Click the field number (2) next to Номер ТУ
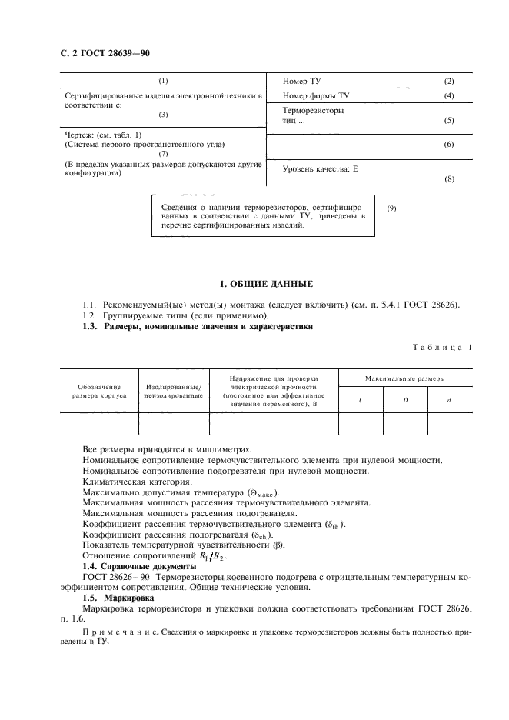point(450,82)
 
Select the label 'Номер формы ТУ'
point(316,96)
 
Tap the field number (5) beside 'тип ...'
point(450,122)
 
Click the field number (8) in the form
point(450,179)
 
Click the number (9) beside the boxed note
point(391,208)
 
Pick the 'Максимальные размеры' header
point(405,379)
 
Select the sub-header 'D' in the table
point(404,400)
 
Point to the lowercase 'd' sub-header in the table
point(450,400)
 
